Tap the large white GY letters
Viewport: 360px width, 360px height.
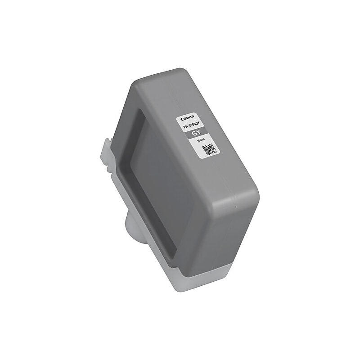[197, 134]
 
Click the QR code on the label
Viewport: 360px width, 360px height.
[210, 149]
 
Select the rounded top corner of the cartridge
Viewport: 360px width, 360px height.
[180, 72]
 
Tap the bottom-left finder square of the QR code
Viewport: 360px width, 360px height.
[207, 153]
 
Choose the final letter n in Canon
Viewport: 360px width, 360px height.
[193, 115]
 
